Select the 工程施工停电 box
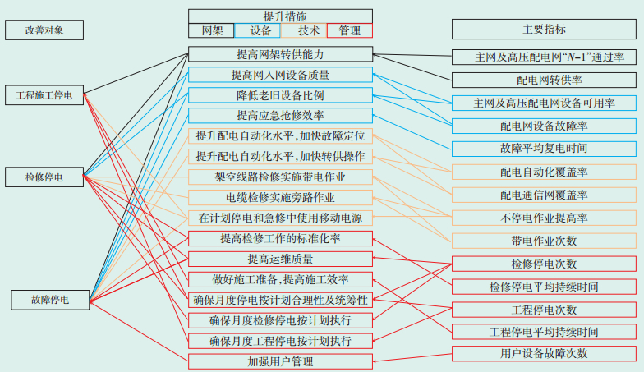pos(44,95)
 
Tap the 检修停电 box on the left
pos(44,177)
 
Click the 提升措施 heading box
pos(280,16)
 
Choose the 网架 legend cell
pos(211,30)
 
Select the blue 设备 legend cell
pos(258,30)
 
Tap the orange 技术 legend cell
pos(304,30)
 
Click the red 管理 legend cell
pos(349,30)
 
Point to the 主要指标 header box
pos(544,30)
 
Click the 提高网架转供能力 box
pos(280,54)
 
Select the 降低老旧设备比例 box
pos(280,95)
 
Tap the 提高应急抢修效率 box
pos(280,116)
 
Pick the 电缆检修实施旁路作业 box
pos(280,197)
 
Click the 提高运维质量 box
pos(280,259)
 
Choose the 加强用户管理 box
pos(280,361)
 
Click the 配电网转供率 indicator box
pos(544,80)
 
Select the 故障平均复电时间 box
pos(544,149)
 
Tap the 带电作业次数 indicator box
pos(544,241)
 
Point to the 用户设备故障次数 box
pos(544,353)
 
